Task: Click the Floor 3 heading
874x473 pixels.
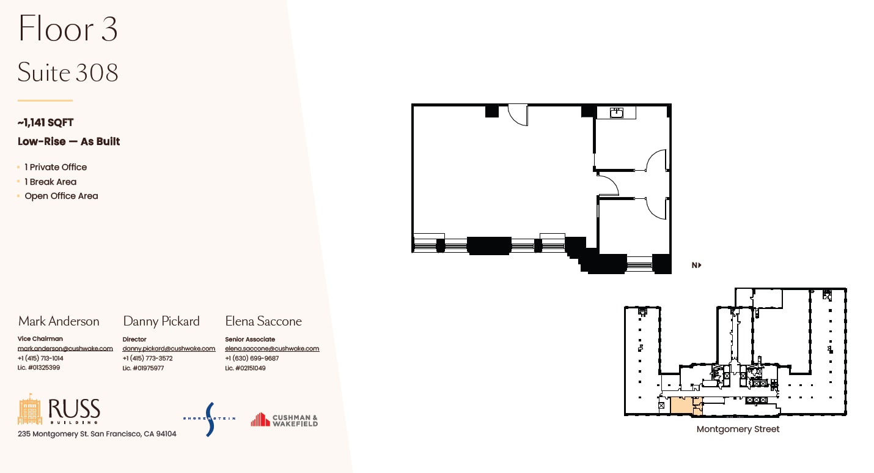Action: [68, 29]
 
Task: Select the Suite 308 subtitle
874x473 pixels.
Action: [68, 73]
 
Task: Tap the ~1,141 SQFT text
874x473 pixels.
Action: [46, 123]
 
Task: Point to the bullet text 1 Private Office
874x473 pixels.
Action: [56, 167]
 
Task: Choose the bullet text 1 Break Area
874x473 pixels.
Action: [50, 182]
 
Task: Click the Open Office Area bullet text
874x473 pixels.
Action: [61, 196]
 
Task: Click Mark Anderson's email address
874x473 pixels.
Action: [65, 349]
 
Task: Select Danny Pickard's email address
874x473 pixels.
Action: [169, 349]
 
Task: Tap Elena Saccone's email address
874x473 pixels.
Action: [272, 349]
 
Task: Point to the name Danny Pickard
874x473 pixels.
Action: [161, 321]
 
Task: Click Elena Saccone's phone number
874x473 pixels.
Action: [252, 359]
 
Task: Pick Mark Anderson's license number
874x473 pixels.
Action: [39, 368]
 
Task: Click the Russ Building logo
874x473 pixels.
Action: [59, 411]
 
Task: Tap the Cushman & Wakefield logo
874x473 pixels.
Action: [284, 420]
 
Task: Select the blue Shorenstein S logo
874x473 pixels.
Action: [210, 419]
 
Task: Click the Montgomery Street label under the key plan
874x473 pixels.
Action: [738, 430]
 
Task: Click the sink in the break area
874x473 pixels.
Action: [617, 113]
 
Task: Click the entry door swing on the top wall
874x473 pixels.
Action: [518, 115]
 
